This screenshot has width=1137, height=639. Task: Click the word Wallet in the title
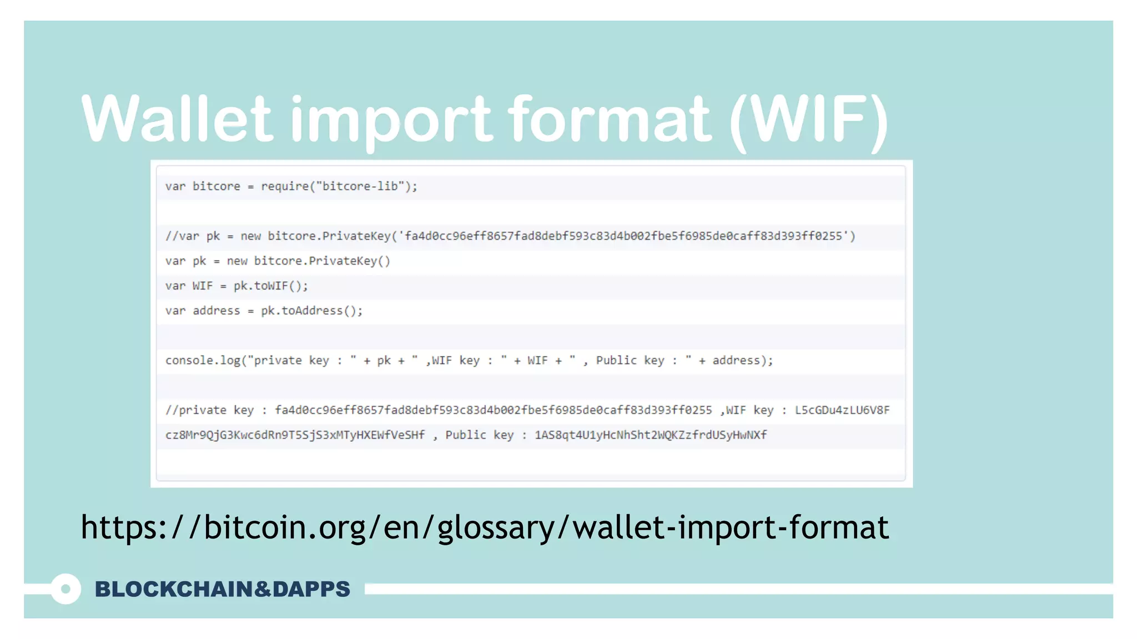tap(177, 118)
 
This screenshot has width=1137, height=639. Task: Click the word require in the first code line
tap(284, 186)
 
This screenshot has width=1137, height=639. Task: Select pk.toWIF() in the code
tap(270, 286)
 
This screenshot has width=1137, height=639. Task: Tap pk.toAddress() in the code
tap(311, 311)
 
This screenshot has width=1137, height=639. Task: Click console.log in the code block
tap(203, 361)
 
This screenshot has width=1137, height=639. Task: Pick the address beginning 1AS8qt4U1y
tap(650, 435)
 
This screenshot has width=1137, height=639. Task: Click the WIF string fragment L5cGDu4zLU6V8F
tap(842, 410)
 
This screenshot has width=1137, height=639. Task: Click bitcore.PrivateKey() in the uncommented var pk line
tap(322, 261)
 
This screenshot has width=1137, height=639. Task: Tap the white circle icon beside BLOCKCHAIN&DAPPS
tap(66, 589)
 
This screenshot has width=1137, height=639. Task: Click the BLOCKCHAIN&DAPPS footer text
tap(222, 589)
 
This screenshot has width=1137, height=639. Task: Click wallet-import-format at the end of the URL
tap(730, 527)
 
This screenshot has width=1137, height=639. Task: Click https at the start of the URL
tap(119, 527)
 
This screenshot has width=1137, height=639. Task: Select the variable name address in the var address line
tap(216, 311)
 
